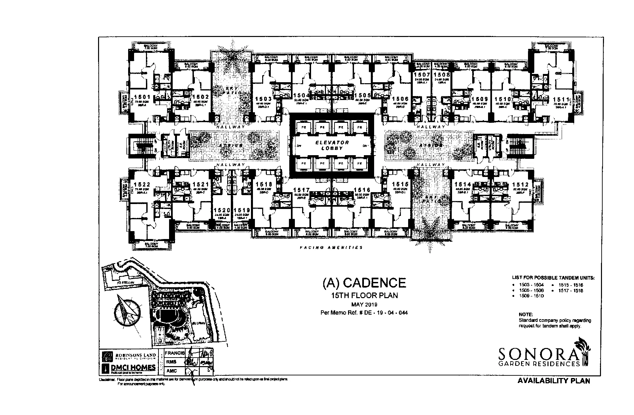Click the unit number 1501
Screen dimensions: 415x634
[142, 97]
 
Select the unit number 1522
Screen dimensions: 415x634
[142, 185]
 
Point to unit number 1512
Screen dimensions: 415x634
[520, 185]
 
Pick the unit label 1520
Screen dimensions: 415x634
[222, 210]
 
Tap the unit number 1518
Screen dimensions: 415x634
[264, 185]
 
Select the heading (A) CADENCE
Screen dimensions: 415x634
[364, 283]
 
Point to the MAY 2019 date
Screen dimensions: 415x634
[364, 304]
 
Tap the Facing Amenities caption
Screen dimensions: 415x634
[331, 248]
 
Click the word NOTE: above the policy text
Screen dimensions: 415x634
[526, 315]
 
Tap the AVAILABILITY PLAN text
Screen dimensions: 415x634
[553, 381]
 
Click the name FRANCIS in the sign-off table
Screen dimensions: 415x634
[175, 353]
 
